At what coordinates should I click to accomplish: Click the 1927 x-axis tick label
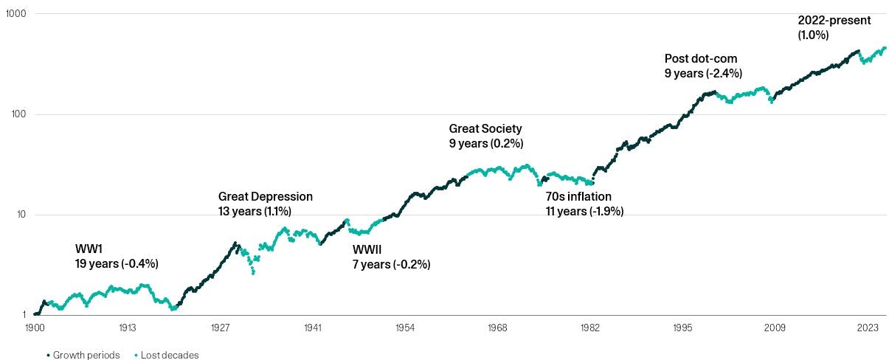point(219,327)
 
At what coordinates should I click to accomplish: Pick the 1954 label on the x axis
point(404,327)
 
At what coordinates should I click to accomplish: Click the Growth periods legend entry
point(83,355)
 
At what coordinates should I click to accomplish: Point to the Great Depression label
point(266,197)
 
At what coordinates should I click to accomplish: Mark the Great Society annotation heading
point(485,129)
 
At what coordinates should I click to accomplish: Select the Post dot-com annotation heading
point(701,59)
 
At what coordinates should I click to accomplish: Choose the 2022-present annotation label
point(834,21)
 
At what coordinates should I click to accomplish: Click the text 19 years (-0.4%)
point(117,263)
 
